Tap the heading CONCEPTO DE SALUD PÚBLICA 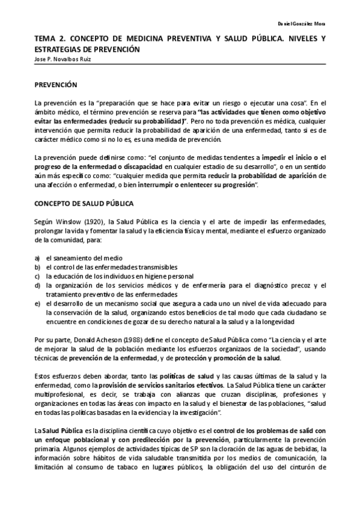[x=84, y=204]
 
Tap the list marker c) [x=37, y=276]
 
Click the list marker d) [x=37, y=285]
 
